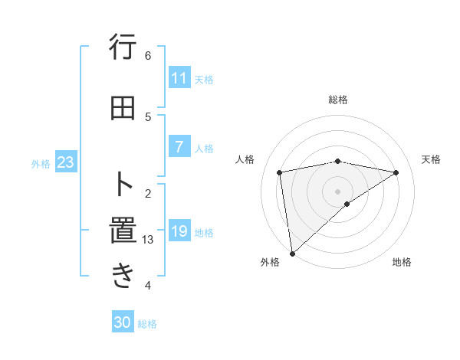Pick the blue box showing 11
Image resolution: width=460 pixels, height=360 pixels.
(x=179, y=78)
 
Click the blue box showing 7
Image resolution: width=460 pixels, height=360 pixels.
(x=179, y=147)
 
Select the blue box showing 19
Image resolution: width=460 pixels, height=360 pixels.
(x=179, y=231)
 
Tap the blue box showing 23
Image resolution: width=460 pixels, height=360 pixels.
(x=65, y=162)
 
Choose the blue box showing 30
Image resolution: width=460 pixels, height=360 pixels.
(x=123, y=322)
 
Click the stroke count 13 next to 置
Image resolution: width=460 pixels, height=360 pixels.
(x=148, y=240)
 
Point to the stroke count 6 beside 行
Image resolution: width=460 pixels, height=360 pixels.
(x=148, y=55)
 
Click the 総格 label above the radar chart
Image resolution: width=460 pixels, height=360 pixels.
(x=337, y=100)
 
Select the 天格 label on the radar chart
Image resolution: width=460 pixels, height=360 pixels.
(x=432, y=159)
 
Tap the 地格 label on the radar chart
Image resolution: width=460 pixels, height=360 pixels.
(x=402, y=262)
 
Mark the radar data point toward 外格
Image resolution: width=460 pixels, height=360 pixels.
(x=291, y=253)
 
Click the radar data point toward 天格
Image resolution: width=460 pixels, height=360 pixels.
(x=396, y=172)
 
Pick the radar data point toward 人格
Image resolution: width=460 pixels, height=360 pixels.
(x=280, y=172)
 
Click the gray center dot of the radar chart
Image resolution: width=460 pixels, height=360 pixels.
(x=337, y=191)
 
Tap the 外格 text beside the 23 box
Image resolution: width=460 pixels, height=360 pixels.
(x=41, y=163)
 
